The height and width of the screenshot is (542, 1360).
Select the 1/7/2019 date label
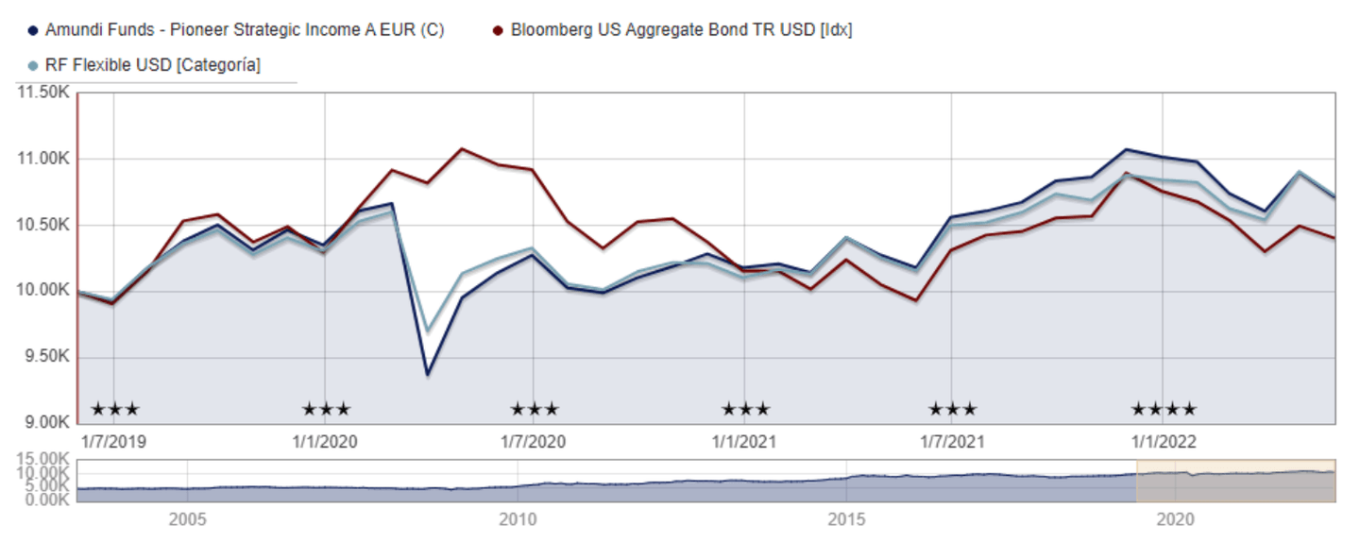click(x=114, y=442)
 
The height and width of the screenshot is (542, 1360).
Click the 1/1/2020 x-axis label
click(x=325, y=442)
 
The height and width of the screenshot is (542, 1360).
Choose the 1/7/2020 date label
click(x=533, y=442)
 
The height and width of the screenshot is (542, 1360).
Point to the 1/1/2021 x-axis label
click(x=744, y=442)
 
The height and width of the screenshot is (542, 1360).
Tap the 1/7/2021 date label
click(x=952, y=442)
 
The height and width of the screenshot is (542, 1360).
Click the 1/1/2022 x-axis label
click(x=1164, y=442)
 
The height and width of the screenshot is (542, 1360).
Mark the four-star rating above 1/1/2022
click(x=1164, y=410)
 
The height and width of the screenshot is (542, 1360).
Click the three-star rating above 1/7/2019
click(x=114, y=410)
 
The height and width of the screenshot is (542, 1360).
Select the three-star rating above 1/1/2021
click(x=745, y=410)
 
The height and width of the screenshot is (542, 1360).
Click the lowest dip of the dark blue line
click(x=427, y=375)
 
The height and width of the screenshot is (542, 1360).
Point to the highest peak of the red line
click(x=461, y=148)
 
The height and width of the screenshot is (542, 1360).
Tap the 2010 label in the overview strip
click(x=517, y=519)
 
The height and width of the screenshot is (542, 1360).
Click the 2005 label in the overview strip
click(x=188, y=519)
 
